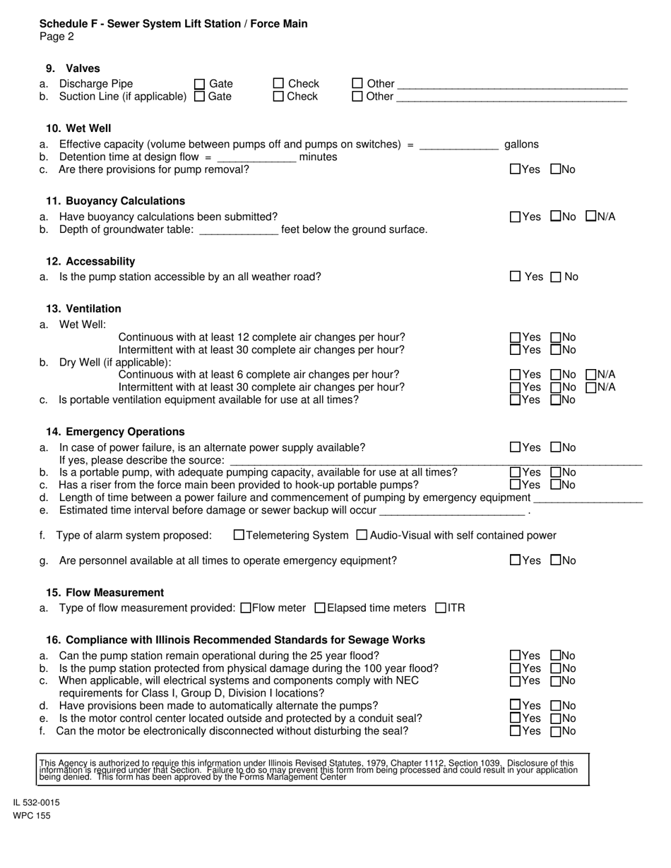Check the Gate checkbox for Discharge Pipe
coord(200,84)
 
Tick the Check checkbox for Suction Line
coord(279,97)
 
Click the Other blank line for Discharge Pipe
coord(512,85)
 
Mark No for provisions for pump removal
coord(556,169)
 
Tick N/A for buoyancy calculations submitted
coord(592,217)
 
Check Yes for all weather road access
coord(516,277)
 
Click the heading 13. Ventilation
coord(83,309)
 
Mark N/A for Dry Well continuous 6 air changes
coord(592,375)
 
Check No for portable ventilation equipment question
coord(556,400)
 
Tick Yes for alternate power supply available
coord(516,447)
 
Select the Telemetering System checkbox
coord(239,536)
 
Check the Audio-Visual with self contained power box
coord(362,536)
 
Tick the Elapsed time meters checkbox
coord(320,608)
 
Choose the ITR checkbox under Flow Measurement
coord(441,608)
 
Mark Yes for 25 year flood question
coord(516,656)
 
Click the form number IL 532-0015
coord(36,802)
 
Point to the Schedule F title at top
coord(174,24)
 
